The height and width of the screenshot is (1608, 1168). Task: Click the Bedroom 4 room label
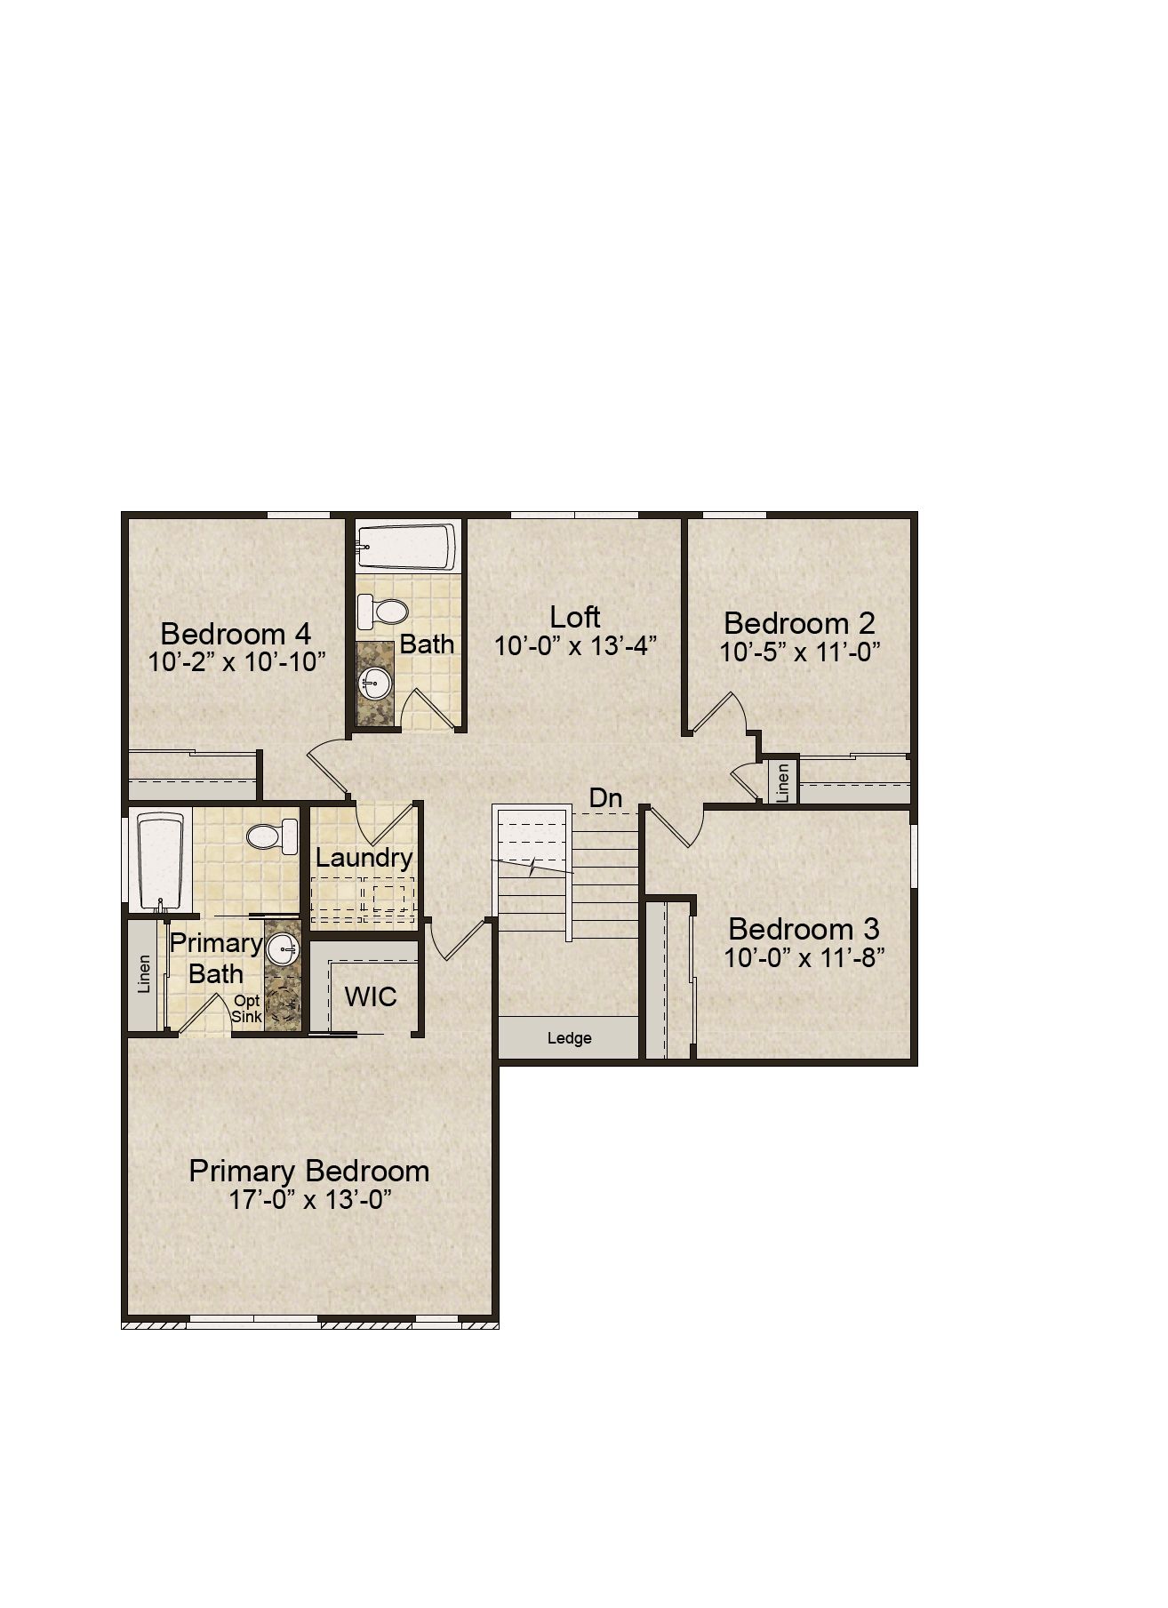[x=236, y=634]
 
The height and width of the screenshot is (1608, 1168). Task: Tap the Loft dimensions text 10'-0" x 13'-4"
[x=575, y=646]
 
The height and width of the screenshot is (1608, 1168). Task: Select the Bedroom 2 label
[x=799, y=622]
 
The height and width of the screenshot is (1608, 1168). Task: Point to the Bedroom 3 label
[x=804, y=929]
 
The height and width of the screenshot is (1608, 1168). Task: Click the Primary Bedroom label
[x=309, y=1171]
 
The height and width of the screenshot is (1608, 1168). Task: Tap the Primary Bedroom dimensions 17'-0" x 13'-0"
[x=310, y=1200]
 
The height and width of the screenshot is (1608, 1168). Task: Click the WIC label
[x=371, y=996]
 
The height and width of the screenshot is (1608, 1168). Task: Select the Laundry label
[x=364, y=859]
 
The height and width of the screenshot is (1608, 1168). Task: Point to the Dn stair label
[x=605, y=798]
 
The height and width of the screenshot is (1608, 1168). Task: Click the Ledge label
[x=569, y=1038]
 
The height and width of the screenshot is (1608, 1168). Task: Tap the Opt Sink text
[x=247, y=1009]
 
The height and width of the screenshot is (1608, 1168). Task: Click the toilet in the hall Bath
[x=381, y=612]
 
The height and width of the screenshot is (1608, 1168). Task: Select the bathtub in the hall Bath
[x=406, y=548]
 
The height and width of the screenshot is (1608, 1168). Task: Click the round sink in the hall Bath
[x=374, y=685]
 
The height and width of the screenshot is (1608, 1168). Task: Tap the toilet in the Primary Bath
[x=272, y=836]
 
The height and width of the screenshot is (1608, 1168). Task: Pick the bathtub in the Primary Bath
[x=161, y=860]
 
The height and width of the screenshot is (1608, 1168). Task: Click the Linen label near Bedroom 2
[x=783, y=783]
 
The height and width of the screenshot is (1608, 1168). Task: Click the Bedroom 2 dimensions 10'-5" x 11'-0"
[x=799, y=652]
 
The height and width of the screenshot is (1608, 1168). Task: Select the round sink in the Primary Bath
[x=284, y=948]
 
